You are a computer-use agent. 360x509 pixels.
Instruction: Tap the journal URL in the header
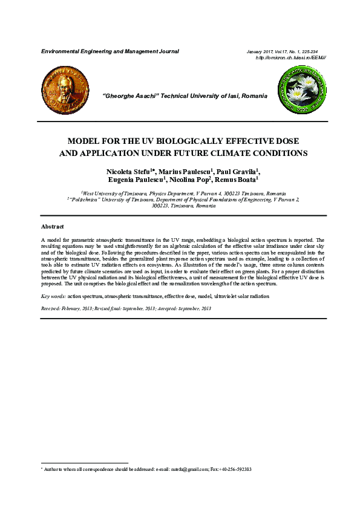click(x=292, y=57)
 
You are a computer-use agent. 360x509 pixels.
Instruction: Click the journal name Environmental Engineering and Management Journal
click(x=110, y=51)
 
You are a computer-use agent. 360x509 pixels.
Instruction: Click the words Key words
click(x=53, y=297)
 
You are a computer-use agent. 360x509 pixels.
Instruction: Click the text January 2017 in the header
click(x=261, y=51)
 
